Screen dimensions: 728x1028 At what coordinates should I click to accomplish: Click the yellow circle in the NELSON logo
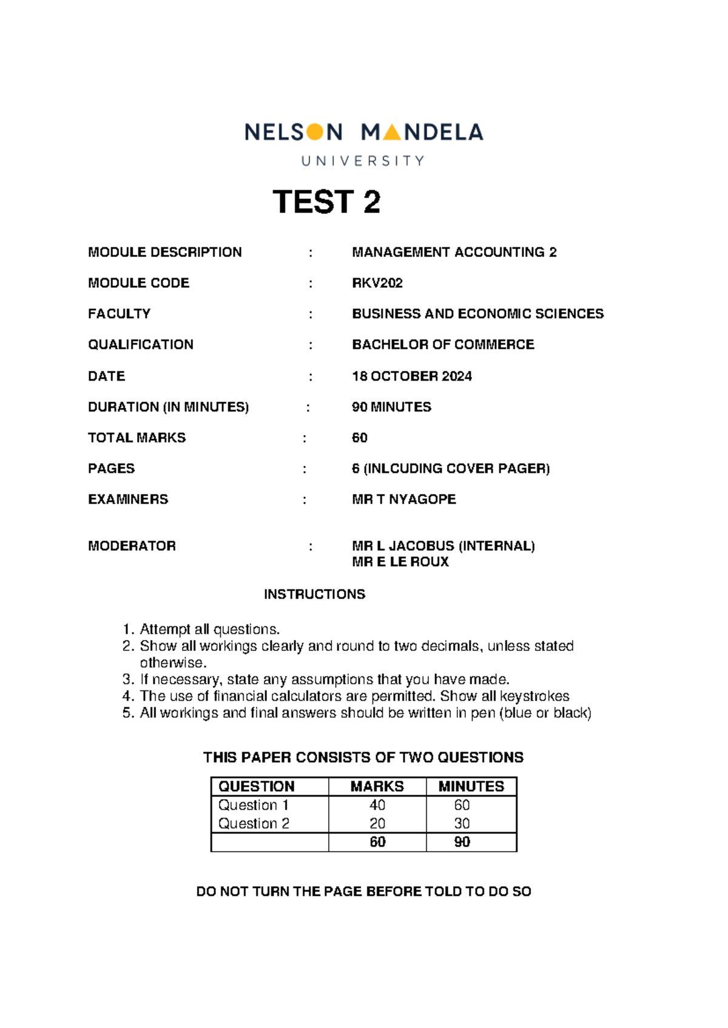point(315,132)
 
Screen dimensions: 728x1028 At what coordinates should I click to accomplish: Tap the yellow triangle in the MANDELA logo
point(392,132)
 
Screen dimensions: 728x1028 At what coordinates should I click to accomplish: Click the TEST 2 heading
point(326,202)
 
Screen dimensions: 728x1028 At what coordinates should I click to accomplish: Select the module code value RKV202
point(377,283)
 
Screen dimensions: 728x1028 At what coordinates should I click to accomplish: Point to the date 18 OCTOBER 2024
point(412,376)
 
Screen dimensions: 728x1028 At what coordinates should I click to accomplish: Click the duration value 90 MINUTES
point(391,407)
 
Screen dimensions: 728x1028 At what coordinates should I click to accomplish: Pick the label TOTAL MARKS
point(136,438)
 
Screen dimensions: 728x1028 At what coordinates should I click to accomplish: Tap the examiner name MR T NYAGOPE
point(404,499)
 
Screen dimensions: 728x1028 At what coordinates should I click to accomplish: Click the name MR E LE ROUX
point(400,562)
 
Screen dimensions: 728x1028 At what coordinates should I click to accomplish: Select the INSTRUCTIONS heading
point(314,595)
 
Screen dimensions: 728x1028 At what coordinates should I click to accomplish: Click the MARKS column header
point(377,786)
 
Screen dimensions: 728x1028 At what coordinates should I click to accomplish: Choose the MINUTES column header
point(471,786)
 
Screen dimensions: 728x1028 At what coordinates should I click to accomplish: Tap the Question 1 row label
point(253,805)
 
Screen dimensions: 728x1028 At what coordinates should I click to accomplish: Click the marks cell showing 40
point(377,805)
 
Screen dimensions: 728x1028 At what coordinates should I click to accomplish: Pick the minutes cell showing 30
point(462,824)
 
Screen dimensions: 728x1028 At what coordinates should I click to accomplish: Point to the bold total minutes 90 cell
point(462,842)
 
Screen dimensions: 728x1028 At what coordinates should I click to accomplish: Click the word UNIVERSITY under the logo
point(363,161)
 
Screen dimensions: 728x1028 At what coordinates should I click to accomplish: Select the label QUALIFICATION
point(141,345)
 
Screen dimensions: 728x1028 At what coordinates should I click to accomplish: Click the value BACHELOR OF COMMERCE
point(443,345)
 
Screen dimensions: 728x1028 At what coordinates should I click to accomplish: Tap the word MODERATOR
point(132,546)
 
